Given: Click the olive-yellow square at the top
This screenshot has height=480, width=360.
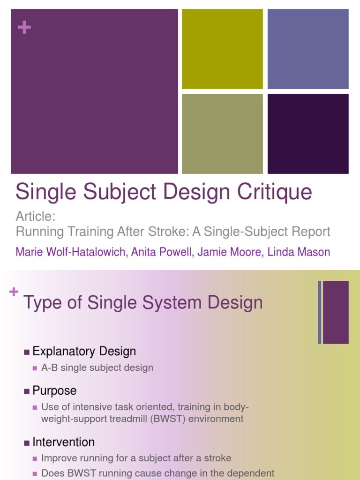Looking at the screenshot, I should (x=222, y=49).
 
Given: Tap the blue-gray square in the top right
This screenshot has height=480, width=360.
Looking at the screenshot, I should (x=308, y=49).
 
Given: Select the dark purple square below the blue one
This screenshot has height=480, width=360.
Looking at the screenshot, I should (x=308, y=134).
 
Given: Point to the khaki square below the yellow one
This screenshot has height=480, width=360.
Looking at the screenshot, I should (x=222, y=134).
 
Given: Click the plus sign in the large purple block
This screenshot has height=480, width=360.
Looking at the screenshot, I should (x=24, y=28).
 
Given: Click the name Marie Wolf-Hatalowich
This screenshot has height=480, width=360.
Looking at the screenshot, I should (x=70, y=252).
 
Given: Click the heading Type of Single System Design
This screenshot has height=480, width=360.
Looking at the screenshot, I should (x=143, y=303).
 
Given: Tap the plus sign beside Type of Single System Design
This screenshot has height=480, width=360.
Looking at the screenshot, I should (x=14, y=292).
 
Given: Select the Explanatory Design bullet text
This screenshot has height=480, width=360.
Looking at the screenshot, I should (x=84, y=351).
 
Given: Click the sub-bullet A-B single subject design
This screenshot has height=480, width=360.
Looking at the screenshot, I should (x=97, y=368).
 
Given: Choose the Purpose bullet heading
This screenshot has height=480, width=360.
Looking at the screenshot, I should (x=54, y=390).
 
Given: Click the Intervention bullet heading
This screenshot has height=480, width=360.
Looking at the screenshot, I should (x=64, y=442).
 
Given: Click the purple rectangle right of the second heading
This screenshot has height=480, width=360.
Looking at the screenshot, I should (x=336, y=312).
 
